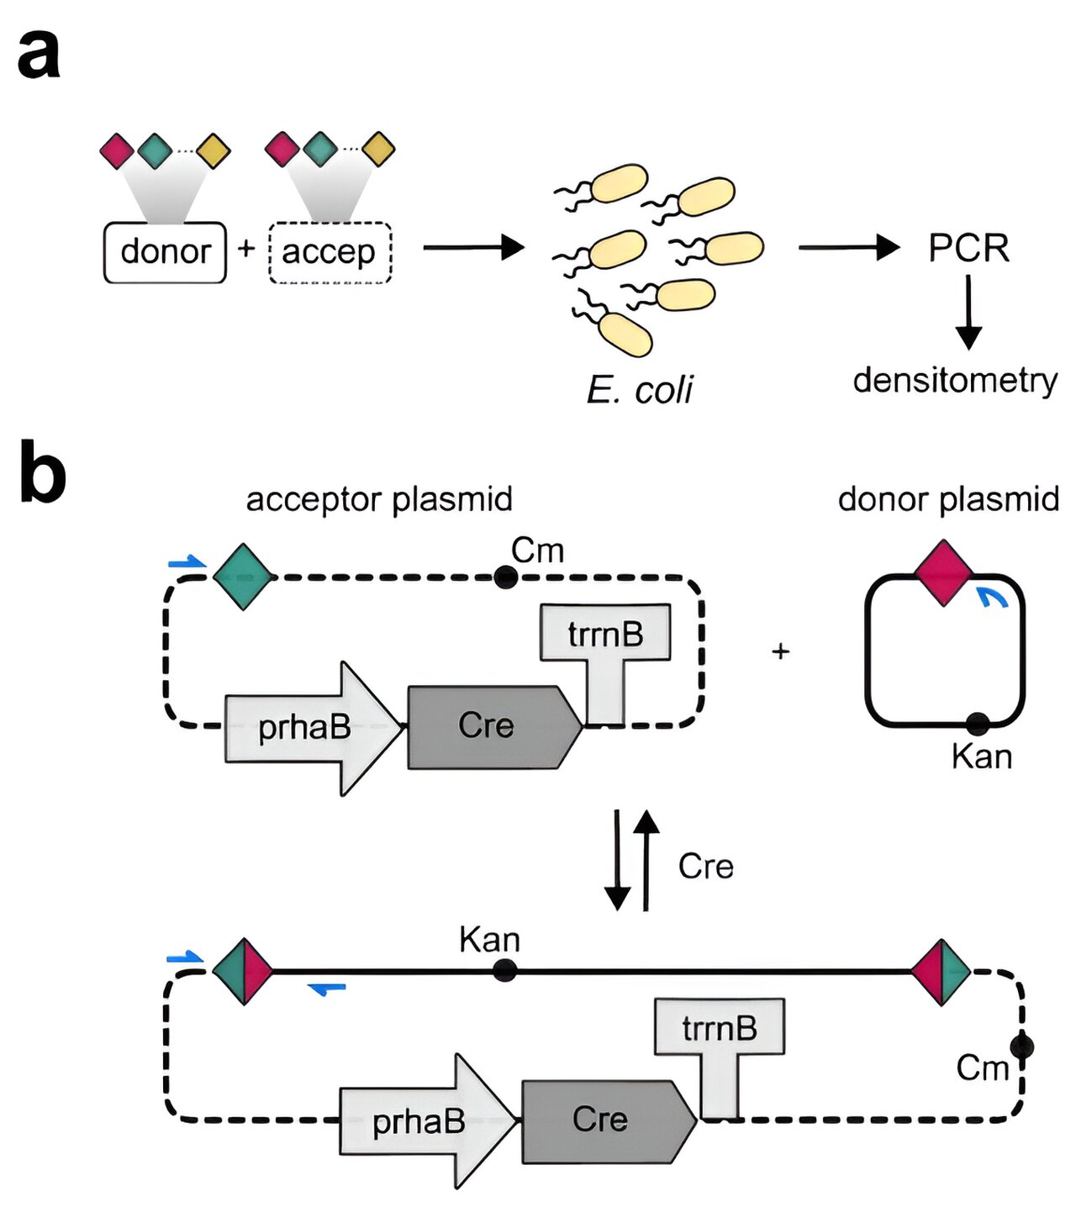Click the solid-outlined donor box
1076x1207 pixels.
[x=165, y=252]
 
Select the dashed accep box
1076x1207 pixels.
[x=330, y=252]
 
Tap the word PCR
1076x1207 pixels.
[x=968, y=248]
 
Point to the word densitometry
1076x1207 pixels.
[x=955, y=380]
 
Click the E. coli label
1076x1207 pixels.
[x=640, y=389]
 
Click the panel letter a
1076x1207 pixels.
[x=39, y=54]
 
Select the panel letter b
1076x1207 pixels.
[x=42, y=472]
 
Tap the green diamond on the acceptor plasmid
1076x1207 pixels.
[x=243, y=577]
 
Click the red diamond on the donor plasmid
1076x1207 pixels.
[x=943, y=572]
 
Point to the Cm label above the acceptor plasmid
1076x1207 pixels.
[x=537, y=551]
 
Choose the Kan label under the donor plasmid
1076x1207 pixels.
[x=981, y=756]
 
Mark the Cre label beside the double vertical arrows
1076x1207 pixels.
[x=705, y=867]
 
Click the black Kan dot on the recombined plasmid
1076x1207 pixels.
[x=504, y=971]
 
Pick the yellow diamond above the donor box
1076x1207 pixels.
[x=213, y=151]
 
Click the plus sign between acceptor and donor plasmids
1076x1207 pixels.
[x=780, y=651]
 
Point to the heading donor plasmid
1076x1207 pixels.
[x=948, y=499]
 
